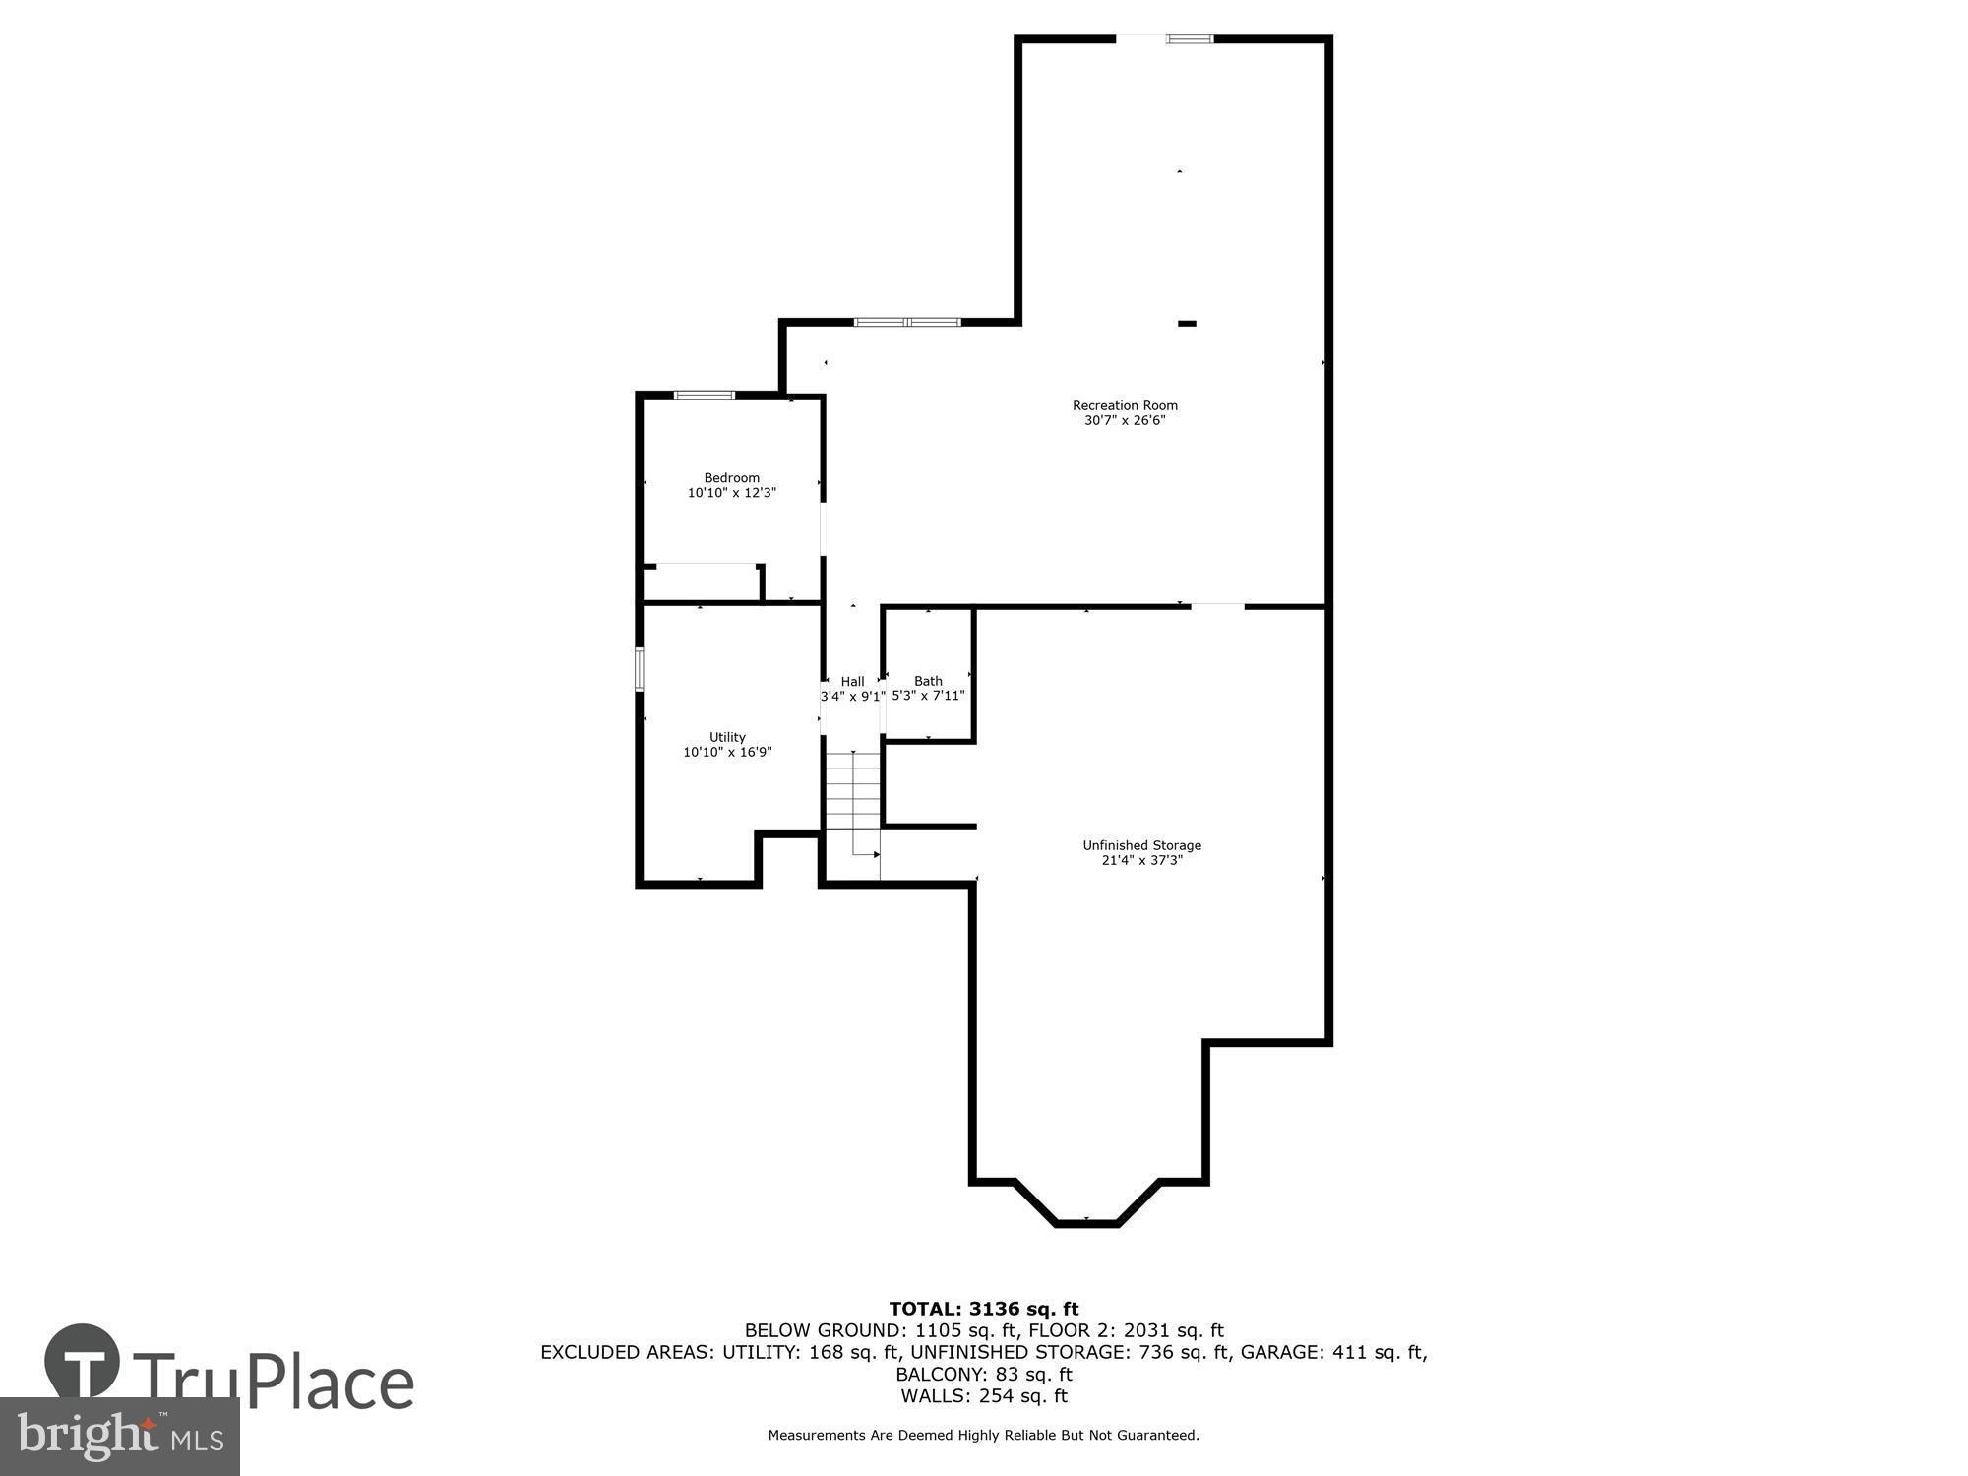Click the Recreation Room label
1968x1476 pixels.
click(1125, 405)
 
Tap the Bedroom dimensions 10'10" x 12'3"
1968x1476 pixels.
click(731, 493)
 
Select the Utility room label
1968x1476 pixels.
click(727, 737)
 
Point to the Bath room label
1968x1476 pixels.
click(928, 681)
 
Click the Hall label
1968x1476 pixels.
click(852, 681)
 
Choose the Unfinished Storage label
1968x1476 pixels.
click(1141, 845)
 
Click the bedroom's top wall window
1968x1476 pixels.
click(704, 396)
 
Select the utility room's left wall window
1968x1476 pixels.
click(640, 669)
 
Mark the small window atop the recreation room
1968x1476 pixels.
click(1190, 39)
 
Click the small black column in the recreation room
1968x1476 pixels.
click(1188, 323)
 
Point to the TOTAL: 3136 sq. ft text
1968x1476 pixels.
click(984, 1309)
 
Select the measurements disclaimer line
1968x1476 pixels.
click(984, 1436)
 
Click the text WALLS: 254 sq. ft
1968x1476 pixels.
click(984, 1395)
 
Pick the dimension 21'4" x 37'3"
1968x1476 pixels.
click(1141, 860)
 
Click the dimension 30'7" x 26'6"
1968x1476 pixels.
click(1125, 420)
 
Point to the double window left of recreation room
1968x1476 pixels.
click(906, 322)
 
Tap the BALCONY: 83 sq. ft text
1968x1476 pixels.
click(984, 1374)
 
